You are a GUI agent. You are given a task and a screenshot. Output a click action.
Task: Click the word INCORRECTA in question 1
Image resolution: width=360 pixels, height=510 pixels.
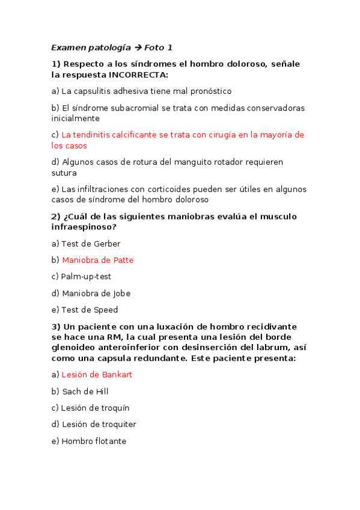[x=138, y=75]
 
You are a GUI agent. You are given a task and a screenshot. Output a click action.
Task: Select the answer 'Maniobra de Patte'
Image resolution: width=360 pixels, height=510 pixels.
[x=97, y=260]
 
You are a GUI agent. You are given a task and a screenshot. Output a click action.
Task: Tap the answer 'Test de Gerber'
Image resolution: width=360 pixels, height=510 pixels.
[x=90, y=244]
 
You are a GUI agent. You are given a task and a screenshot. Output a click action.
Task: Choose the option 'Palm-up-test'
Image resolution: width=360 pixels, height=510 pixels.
[x=85, y=277]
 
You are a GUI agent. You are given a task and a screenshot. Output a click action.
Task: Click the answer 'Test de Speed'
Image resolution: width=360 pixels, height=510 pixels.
[x=90, y=310]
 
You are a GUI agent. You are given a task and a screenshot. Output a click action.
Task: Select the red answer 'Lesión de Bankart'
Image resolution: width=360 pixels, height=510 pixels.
[x=97, y=374]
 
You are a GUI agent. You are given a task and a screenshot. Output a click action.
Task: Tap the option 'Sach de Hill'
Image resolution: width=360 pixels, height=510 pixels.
[x=85, y=391]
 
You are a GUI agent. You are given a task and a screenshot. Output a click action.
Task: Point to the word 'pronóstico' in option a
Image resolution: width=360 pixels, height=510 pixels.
[x=211, y=91]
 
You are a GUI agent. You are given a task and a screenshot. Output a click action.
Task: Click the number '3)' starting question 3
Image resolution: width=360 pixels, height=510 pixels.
[x=56, y=327]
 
